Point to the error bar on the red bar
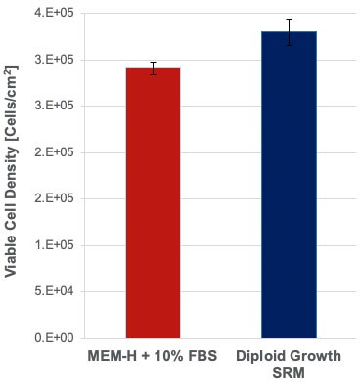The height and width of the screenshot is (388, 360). coord(153,68)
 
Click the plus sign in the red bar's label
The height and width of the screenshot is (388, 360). coord(137,357)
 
